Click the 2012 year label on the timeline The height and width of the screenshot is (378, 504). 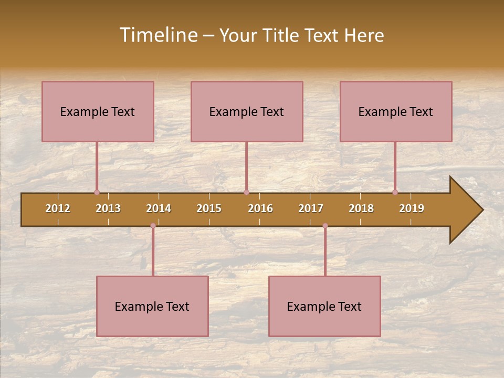[x=58, y=208]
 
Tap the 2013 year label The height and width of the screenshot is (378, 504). [x=108, y=208]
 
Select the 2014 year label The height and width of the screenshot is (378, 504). [x=159, y=208]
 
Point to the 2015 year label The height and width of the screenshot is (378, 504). [x=209, y=208]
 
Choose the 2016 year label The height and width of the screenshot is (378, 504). [x=260, y=208]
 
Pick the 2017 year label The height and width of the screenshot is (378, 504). [x=311, y=208]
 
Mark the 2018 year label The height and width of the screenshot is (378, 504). [x=361, y=208]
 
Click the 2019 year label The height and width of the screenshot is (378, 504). [x=412, y=208]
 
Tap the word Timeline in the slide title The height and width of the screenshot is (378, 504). [x=158, y=35]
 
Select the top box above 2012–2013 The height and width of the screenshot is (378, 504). [x=98, y=111]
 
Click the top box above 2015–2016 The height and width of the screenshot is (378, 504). [x=247, y=111]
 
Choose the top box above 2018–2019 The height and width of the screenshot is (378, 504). [x=396, y=111]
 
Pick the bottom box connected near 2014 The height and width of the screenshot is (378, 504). [x=152, y=306]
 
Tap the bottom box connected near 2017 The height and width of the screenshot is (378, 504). [x=324, y=306]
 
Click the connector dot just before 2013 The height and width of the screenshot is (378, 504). [x=97, y=193]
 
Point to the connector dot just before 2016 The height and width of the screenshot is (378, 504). [x=246, y=193]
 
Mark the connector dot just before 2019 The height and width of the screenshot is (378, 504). [x=395, y=193]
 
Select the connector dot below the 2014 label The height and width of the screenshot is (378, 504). [x=153, y=226]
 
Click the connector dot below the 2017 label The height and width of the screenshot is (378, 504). [x=325, y=226]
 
